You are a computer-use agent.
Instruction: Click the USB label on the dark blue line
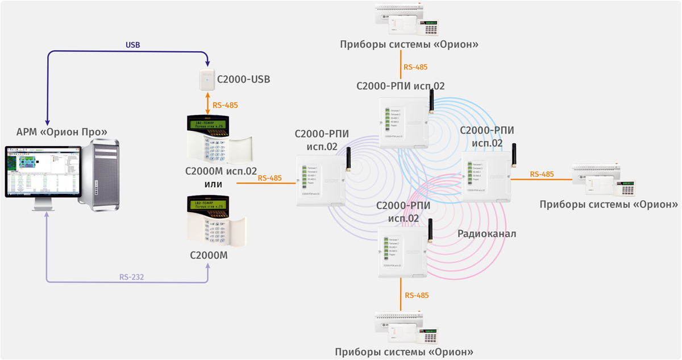click(x=132, y=44)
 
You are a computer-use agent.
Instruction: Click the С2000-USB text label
click(x=243, y=80)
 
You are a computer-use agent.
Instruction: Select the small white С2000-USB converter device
click(x=206, y=80)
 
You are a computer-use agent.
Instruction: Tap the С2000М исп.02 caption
click(x=221, y=171)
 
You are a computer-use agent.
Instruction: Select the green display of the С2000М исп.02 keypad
click(x=208, y=126)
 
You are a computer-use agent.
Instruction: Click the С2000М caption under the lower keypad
click(x=209, y=255)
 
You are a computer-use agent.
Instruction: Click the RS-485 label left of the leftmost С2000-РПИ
click(x=269, y=178)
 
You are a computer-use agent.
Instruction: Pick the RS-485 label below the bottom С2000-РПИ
click(x=417, y=296)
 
